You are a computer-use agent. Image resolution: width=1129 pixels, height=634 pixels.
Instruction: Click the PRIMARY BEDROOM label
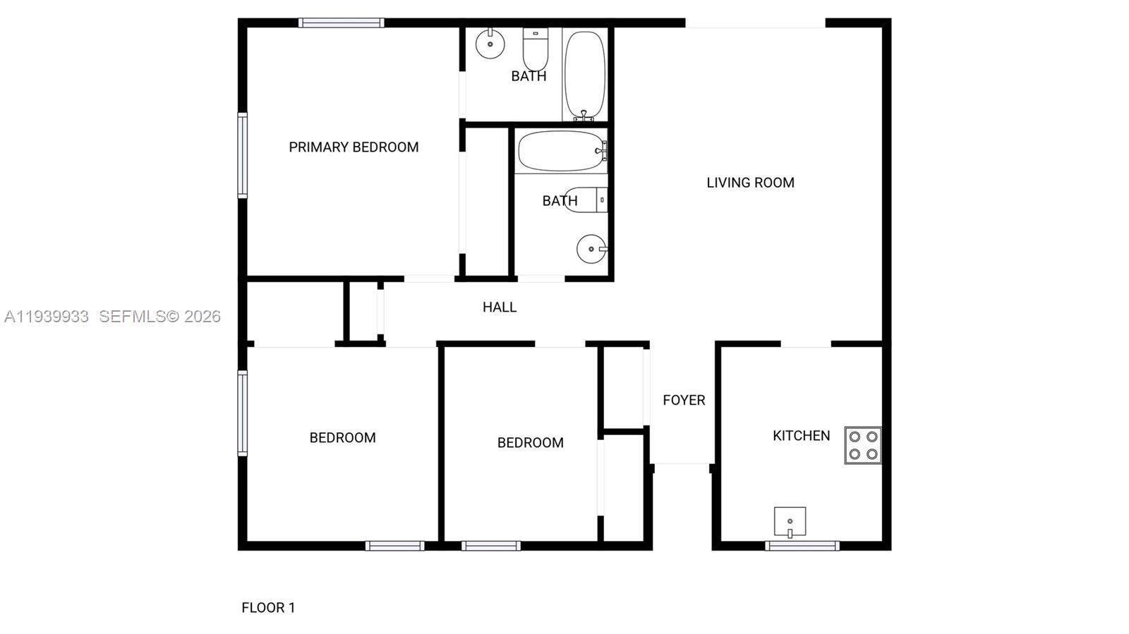coord(354,147)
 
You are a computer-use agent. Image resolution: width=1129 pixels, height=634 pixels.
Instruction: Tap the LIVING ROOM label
coord(750,183)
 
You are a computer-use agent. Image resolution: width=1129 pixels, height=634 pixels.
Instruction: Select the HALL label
coord(500,307)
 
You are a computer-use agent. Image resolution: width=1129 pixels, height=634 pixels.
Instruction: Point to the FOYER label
coord(684,401)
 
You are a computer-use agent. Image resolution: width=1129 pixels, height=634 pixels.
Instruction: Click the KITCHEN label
coord(801,436)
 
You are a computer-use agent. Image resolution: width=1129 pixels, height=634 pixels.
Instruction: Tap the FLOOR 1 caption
coord(268,608)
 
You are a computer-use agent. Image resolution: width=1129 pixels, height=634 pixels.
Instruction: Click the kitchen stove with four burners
coord(863,445)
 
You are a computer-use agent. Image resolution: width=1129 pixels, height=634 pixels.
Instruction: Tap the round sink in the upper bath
coord(490,44)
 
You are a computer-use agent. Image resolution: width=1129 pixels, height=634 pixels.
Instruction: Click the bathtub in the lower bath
coord(561,151)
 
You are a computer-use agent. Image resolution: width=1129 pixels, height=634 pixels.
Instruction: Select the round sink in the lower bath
coord(591,249)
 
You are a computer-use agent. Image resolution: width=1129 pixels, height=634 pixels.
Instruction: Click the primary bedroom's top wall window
coord(341,23)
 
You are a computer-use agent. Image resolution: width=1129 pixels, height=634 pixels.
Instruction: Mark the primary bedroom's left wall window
coord(243,155)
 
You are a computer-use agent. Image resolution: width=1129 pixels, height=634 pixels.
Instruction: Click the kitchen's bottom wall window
coord(802,545)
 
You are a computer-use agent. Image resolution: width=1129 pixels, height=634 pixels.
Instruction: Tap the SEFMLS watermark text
coord(160,317)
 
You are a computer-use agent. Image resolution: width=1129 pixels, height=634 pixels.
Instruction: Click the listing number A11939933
coord(47,317)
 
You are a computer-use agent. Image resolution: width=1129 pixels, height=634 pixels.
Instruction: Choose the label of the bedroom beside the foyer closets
coord(530,443)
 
